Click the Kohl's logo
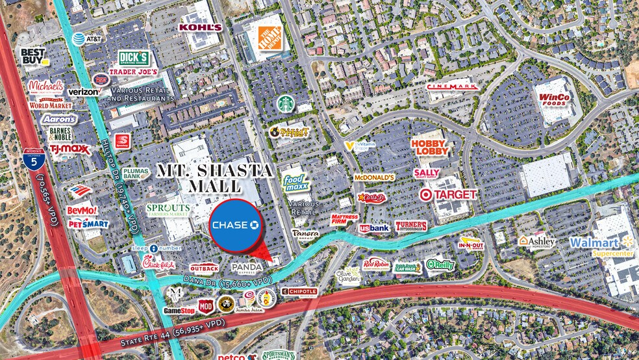(x=200, y=27)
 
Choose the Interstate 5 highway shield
(x=29, y=159)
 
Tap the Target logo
(x=448, y=194)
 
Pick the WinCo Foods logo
(x=554, y=100)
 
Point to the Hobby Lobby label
(x=430, y=147)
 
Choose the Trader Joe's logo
(x=134, y=71)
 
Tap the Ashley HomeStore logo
(x=537, y=241)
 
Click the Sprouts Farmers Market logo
(x=168, y=210)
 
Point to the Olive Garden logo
(x=349, y=274)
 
